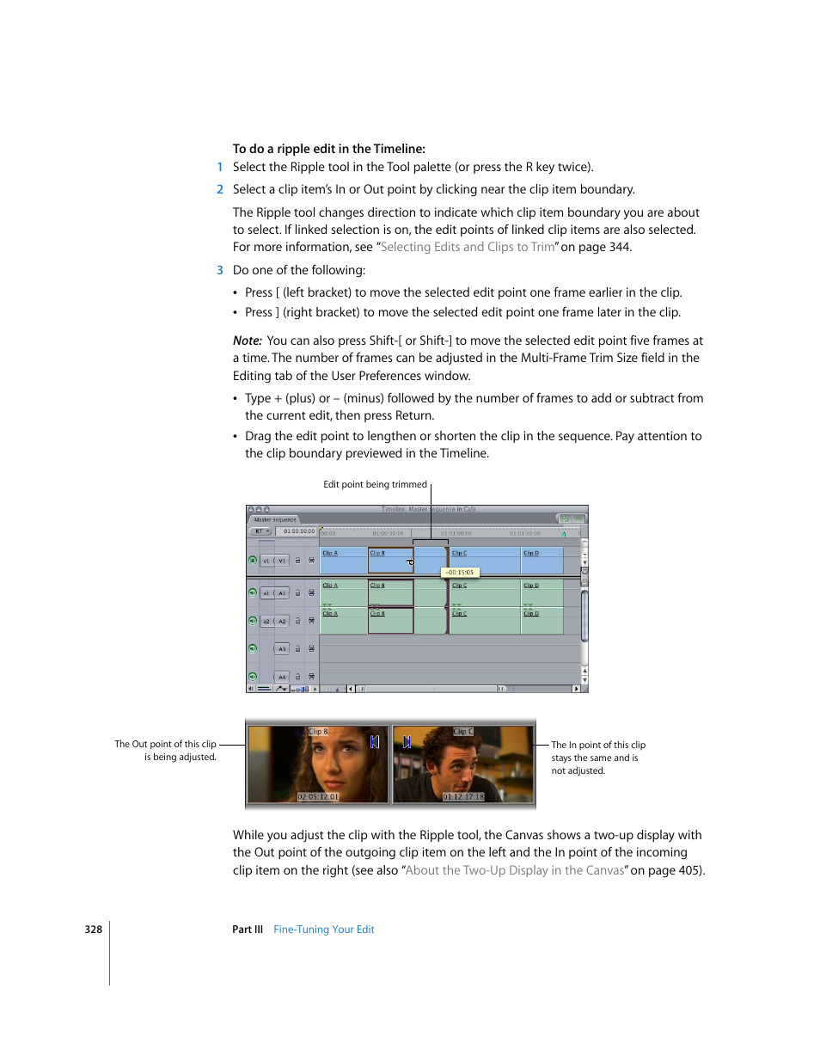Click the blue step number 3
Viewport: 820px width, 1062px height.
[x=220, y=270]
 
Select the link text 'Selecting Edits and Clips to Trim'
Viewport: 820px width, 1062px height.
[x=468, y=247]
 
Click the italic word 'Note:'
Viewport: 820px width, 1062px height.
[x=248, y=341]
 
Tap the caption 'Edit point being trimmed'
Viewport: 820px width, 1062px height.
[x=375, y=484]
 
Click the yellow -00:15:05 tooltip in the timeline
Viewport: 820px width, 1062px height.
[x=459, y=572]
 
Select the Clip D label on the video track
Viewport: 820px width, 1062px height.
[x=531, y=553]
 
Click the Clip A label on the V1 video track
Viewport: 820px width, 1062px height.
[x=330, y=553]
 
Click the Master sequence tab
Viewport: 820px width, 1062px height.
[x=275, y=519]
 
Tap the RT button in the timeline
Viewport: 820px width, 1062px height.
[x=260, y=531]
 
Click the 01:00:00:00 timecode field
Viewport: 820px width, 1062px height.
[x=299, y=531]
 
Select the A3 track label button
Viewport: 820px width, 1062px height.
[x=281, y=649]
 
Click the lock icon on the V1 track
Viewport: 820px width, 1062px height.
[x=298, y=561]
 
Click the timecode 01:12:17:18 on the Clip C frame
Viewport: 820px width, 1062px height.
[x=463, y=797]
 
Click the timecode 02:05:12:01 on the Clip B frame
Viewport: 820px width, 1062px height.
[x=318, y=797]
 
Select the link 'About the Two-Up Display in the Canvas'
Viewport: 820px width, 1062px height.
[x=515, y=870]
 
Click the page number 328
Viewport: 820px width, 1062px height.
[x=94, y=930]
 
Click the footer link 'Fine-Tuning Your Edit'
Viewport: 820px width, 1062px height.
[x=324, y=930]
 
